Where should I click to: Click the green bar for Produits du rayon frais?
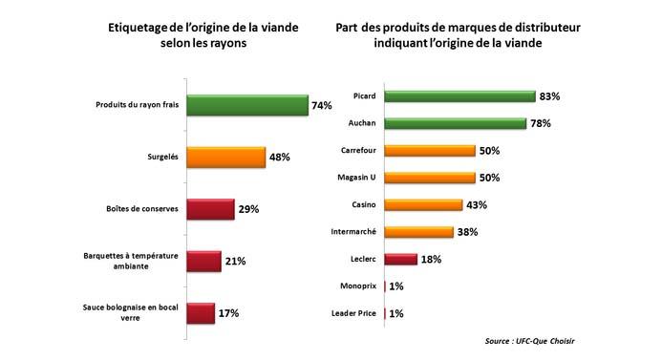pos(246,106)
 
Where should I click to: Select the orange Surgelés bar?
pos(225,158)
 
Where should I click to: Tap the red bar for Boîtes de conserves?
pos(210,209)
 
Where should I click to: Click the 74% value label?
pos(323,107)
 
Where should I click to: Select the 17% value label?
pos(228,313)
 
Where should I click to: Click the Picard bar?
pos(459,96)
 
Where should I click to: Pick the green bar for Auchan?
pos(455,123)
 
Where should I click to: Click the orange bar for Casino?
pos(422,204)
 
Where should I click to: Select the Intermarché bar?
pos(417,232)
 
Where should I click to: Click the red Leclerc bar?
pos(399,259)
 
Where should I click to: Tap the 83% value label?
pos(549,96)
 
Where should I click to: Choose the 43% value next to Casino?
pos(478,205)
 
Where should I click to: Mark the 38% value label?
pos(467,232)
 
